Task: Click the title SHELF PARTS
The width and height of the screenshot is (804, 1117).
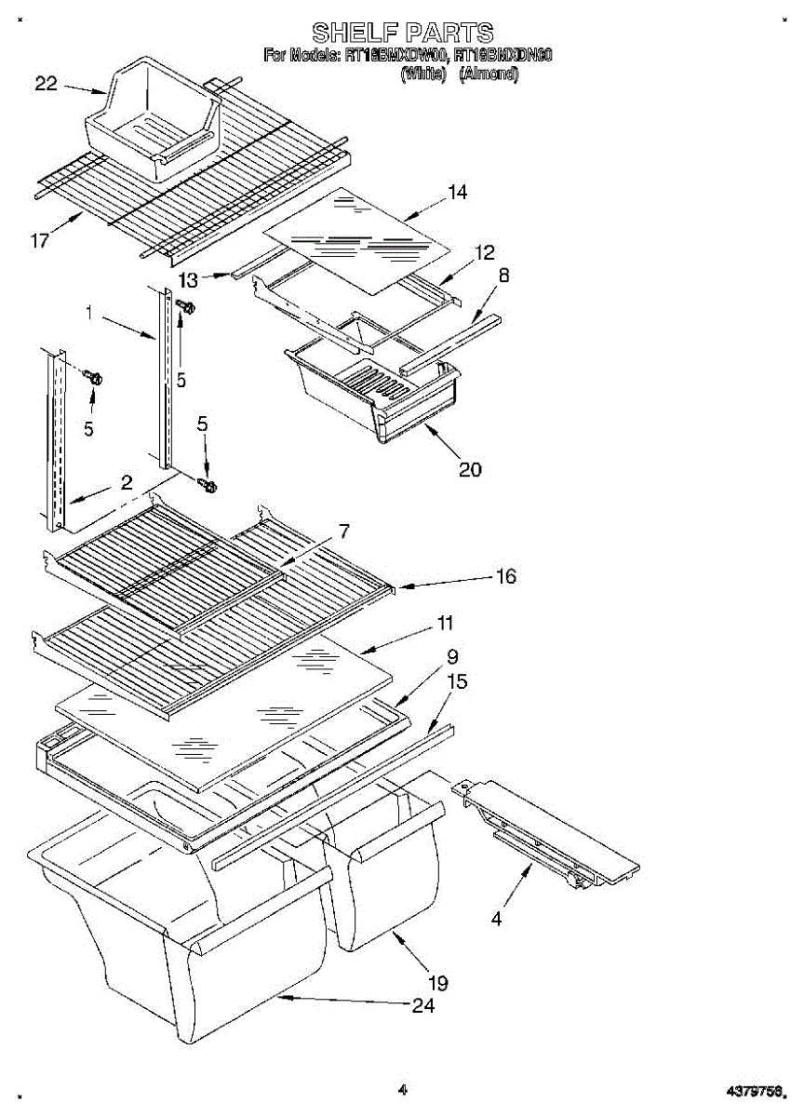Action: pyautogui.click(x=402, y=34)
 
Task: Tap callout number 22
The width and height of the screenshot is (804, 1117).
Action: pyautogui.click(x=47, y=84)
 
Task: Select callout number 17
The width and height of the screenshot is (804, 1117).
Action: pyautogui.click(x=39, y=241)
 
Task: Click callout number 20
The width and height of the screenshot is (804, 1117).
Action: pyautogui.click(x=470, y=469)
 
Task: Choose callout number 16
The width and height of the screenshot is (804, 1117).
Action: pyautogui.click(x=505, y=576)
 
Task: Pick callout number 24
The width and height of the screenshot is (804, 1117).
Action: pyautogui.click(x=422, y=1005)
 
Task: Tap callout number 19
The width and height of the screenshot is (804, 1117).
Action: pyautogui.click(x=437, y=982)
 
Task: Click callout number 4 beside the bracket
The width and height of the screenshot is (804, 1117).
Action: pyautogui.click(x=496, y=919)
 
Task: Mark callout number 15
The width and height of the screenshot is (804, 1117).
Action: pyautogui.click(x=457, y=682)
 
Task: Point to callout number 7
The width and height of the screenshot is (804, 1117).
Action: pyautogui.click(x=343, y=532)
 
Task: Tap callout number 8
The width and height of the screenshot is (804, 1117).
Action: pyautogui.click(x=503, y=275)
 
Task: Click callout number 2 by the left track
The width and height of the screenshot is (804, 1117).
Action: pyautogui.click(x=127, y=483)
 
